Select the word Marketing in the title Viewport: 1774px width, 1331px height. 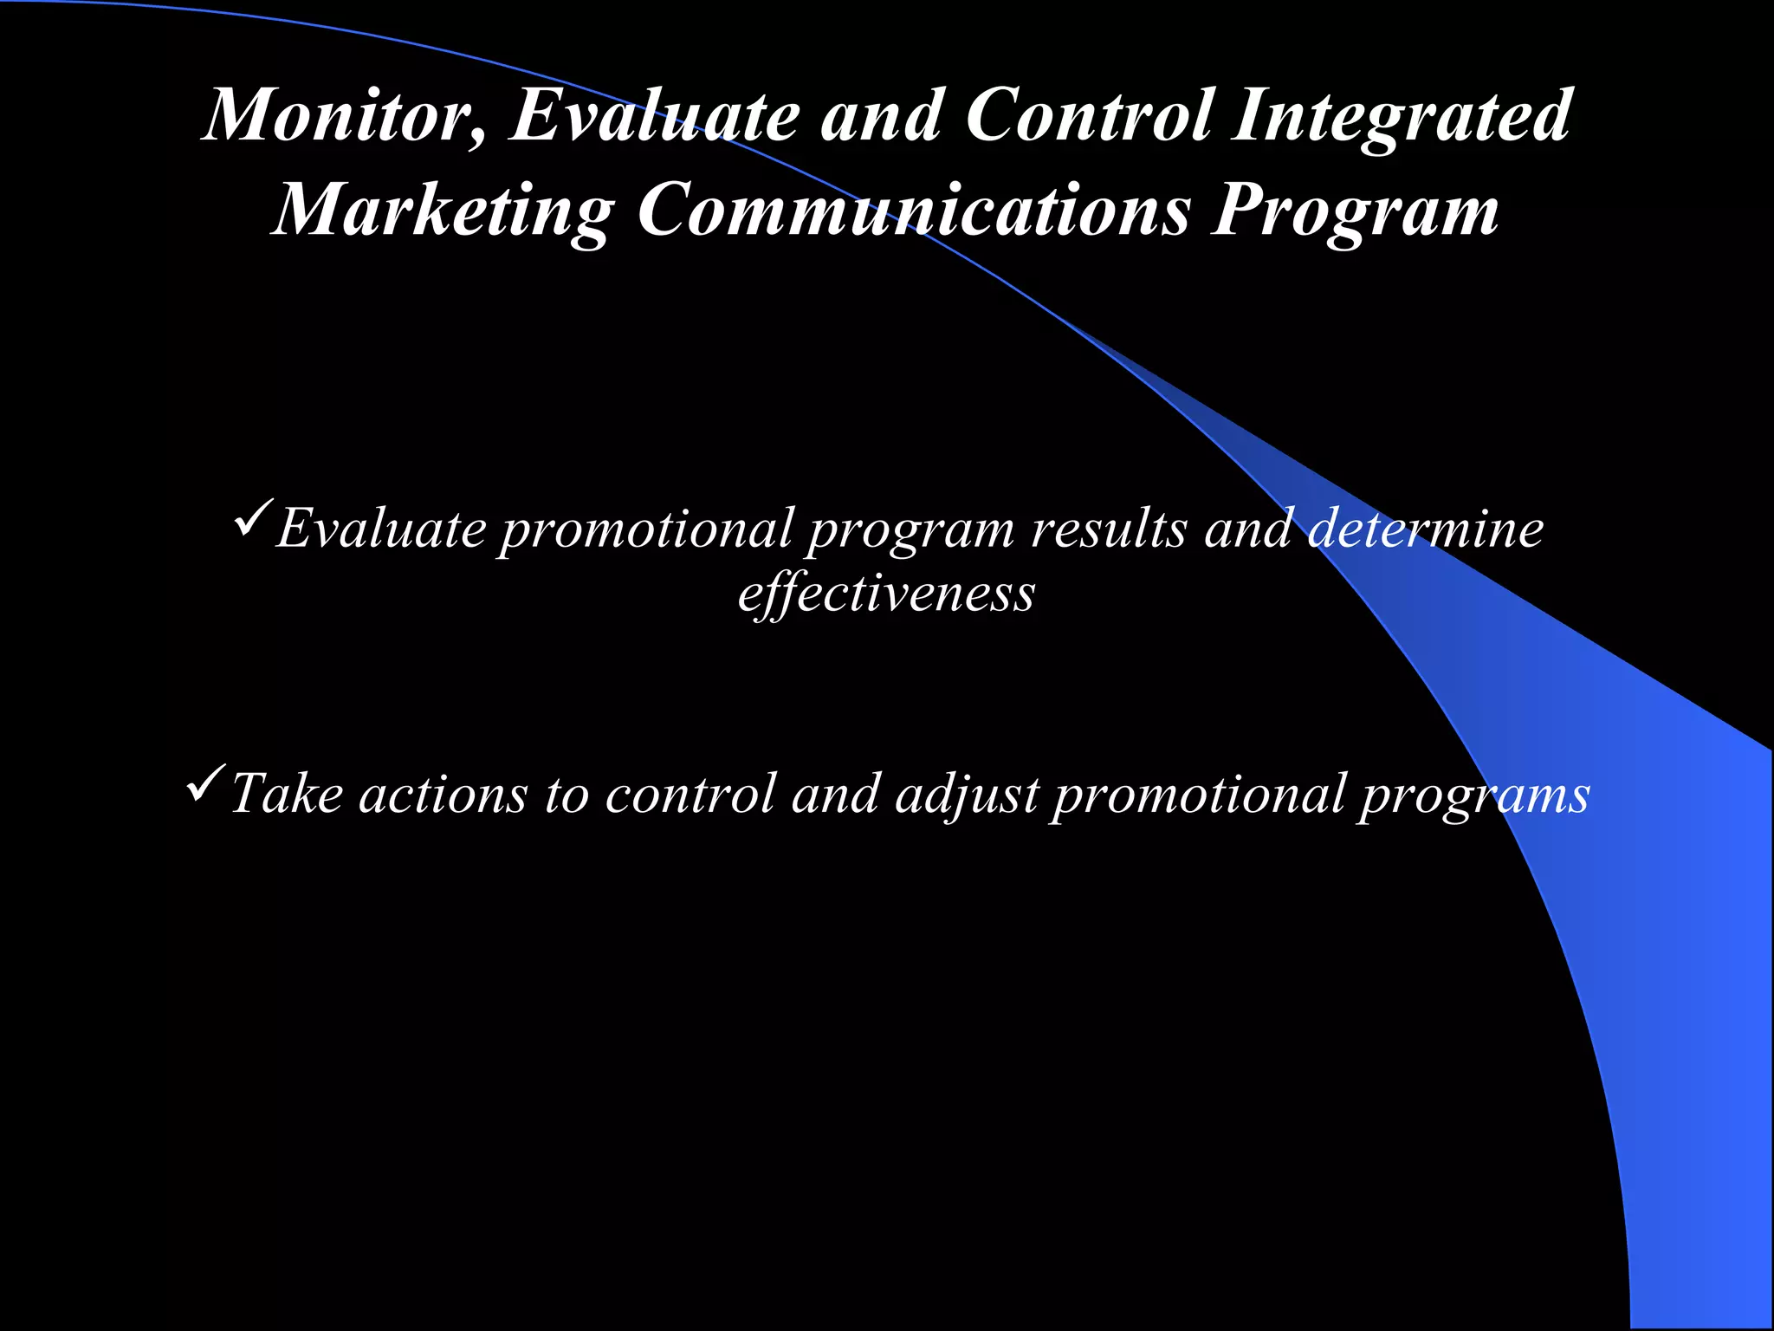coord(443,211)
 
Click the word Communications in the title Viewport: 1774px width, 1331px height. coord(914,211)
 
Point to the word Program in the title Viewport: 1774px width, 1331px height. coord(1356,211)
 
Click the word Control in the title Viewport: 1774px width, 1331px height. coord(1089,116)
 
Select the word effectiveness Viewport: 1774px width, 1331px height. coord(886,594)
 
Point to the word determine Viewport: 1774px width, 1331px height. coord(1426,529)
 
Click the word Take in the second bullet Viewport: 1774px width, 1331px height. coord(287,794)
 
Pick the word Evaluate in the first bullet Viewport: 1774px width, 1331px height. coord(381,529)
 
